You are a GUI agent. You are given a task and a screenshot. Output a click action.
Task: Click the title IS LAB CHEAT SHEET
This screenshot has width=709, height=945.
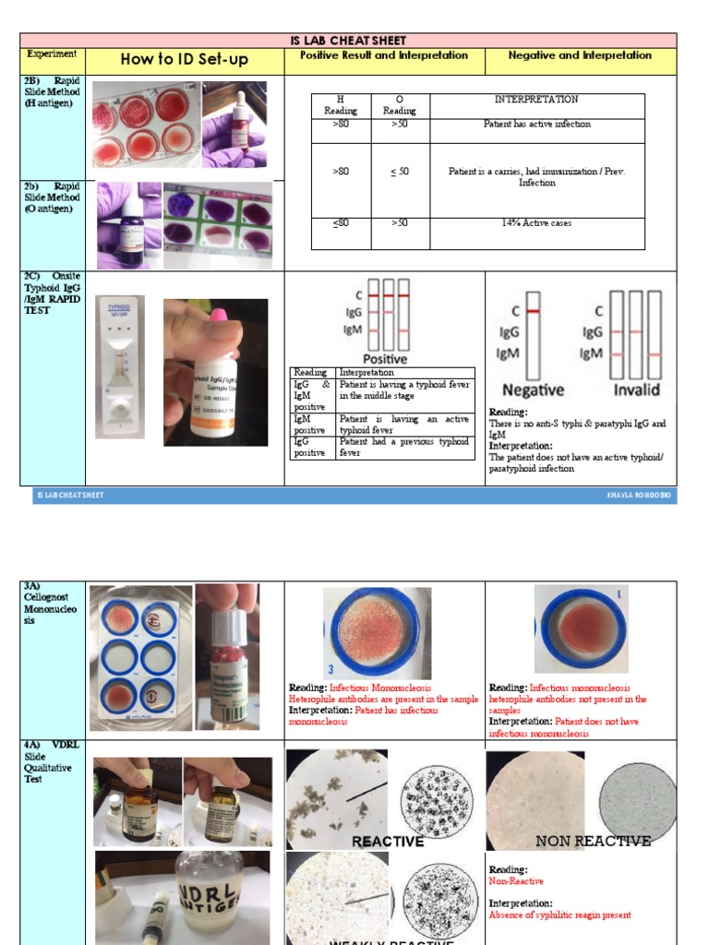349,41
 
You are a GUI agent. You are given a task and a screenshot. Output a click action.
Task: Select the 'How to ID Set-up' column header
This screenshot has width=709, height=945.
184,60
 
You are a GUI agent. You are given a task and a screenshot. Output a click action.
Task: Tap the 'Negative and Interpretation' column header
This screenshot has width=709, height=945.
580,55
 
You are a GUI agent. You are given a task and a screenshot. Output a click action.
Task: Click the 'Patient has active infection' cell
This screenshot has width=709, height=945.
537,124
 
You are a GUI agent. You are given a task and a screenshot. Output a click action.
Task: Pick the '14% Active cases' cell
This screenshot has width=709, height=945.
537,223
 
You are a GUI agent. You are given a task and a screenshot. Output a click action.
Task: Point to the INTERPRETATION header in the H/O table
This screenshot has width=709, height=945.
537,100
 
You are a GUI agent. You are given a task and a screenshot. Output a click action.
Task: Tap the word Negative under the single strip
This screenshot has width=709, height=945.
532,389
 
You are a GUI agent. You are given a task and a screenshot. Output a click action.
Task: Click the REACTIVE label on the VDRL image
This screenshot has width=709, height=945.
388,842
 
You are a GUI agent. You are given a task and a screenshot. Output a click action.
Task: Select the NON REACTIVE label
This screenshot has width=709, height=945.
593,841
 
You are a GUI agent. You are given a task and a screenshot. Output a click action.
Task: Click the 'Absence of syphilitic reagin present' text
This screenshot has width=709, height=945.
559,915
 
